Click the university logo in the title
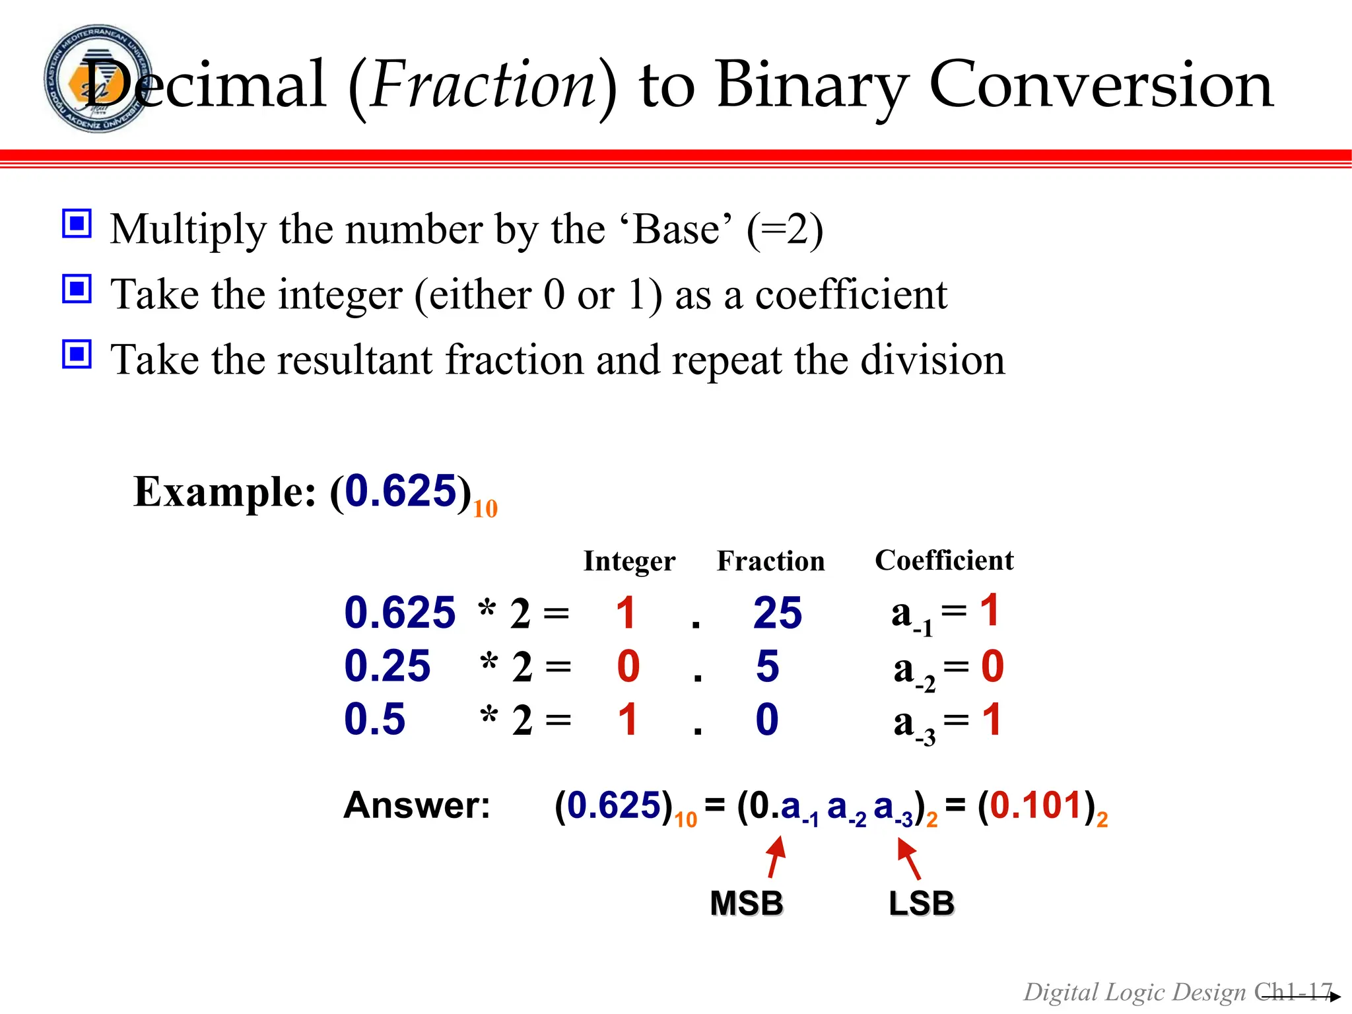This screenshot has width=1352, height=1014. point(98,79)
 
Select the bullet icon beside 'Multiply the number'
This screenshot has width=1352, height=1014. point(77,224)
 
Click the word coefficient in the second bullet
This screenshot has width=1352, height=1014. point(851,294)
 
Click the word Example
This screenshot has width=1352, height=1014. point(224,492)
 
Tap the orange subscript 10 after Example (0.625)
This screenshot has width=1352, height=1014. point(485,509)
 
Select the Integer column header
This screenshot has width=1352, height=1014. point(629,561)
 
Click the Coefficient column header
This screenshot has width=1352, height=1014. point(944,560)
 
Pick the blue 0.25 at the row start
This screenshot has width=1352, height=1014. point(388,666)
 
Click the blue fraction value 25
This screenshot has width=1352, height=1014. point(777,613)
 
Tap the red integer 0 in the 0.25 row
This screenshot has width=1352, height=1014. point(628,666)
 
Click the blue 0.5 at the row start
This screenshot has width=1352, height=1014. point(374,719)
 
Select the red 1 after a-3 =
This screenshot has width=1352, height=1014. point(992,720)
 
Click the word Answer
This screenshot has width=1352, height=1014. point(417,805)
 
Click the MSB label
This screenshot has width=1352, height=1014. point(747,903)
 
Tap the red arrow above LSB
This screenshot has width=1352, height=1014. point(909,858)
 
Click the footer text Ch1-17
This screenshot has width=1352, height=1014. point(1293,992)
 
